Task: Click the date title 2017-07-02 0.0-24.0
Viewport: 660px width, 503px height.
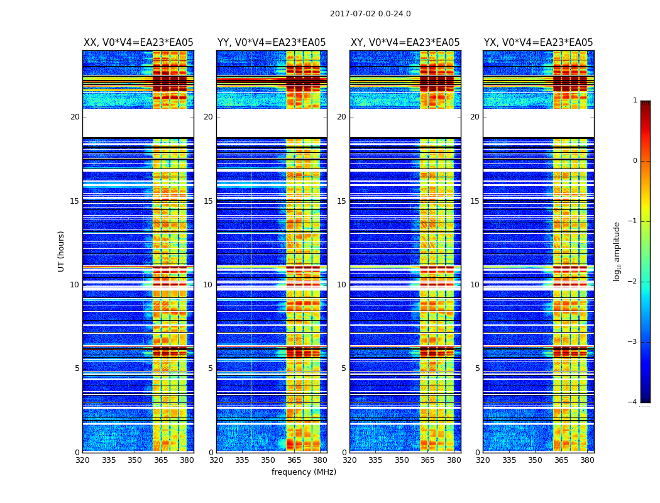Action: pyautogui.click(x=370, y=14)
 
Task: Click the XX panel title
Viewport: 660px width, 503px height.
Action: pyautogui.click(x=138, y=43)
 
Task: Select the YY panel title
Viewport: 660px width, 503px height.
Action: pyautogui.click(x=272, y=43)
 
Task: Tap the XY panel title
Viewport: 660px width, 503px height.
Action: pyautogui.click(x=405, y=43)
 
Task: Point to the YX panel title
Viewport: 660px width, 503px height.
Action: pyautogui.click(x=538, y=43)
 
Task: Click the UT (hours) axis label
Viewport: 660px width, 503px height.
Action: pyautogui.click(x=62, y=251)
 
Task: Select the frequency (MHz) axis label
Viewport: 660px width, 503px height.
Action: pyautogui.click(x=304, y=472)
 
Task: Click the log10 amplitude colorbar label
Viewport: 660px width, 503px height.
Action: pyautogui.click(x=617, y=251)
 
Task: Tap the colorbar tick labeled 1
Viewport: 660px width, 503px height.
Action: pyautogui.click(x=635, y=101)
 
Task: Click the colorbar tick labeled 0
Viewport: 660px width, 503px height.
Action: pyautogui.click(x=635, y=161)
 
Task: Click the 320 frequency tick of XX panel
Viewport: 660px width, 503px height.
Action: pyautogui.click(x=83, y=460)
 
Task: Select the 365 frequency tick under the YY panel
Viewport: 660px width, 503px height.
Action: pyautogui.click(x=294, y=460)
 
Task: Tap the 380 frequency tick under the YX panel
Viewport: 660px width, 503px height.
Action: pyautogui.click(x=587, y=460)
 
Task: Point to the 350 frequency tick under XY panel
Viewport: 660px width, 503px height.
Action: pyautogui.click(x=402, y=460)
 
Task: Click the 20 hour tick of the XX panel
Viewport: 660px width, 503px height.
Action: pyautogui.click(x=75, y=117)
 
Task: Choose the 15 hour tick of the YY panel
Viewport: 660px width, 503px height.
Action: pyautogui.click(x=208, y=201)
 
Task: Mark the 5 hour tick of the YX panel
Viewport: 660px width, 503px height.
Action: pyautogui.click(x=477, y=368)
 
